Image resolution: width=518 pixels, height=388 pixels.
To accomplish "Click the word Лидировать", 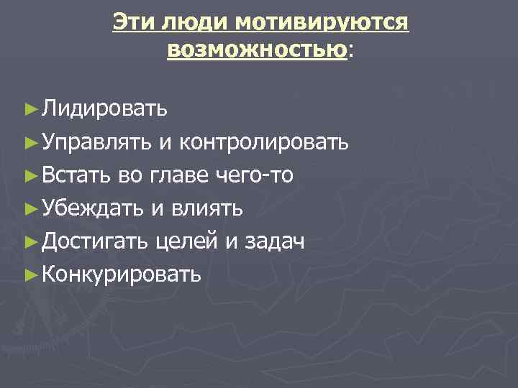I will (x=104, y=109).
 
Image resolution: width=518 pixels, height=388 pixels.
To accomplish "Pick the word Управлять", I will (x=96, y=142).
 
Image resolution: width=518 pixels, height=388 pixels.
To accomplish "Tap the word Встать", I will (x=76, y=175).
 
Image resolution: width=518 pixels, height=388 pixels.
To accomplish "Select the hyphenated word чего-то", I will (x=258, y=175).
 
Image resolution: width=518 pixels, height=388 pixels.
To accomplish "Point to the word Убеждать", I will (x=94, y=208).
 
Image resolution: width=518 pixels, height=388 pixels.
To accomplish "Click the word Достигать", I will (x=96, y=241).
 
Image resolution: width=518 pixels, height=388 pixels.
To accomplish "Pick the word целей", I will (x=186, y=241).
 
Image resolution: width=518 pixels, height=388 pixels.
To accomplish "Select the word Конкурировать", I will (x=121, y=274).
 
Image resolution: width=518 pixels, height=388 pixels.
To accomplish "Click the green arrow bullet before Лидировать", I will (x=29, y=110).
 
